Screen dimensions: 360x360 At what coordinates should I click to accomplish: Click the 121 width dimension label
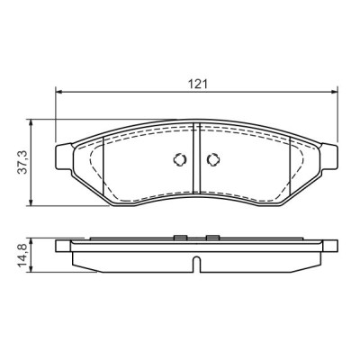pos(197,83)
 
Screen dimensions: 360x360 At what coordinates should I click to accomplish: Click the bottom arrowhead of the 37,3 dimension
pos(32,202)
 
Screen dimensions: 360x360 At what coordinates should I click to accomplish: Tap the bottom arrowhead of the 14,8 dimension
pos(32,269)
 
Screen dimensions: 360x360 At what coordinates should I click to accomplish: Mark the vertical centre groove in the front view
pos(195,162)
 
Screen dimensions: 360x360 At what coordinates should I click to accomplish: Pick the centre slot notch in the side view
pos(195,265)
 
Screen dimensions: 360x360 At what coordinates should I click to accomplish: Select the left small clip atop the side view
pos(180,238)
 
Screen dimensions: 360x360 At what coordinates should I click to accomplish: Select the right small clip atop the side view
pos(212,238)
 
